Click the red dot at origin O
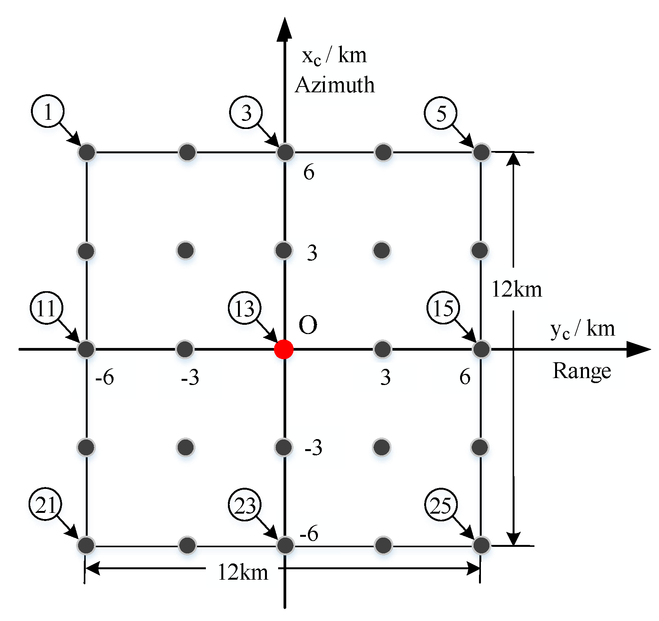(x=284, y=349)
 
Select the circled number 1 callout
(x=48, y=112)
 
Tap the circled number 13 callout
(x=245, y=309)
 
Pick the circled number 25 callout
(x=441, y=505)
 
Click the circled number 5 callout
(x=441, y=113)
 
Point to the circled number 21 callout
(x=45, y=504)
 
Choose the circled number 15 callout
(x=443, y=308)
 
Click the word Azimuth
(x=335, y=85)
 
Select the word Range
(x=582, y=371)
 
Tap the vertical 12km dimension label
(x=516, y=289)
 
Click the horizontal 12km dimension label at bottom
(x=243, y=572)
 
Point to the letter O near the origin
(x=308, y=325)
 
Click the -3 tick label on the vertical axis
(x=313, y=448)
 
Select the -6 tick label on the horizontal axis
(x=105, y=377)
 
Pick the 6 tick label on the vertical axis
(x=309, y=172)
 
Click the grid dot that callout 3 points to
(x=285, y=152)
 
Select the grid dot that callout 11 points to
(x=86, y=349)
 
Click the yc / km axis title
(x=583, y=329)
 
